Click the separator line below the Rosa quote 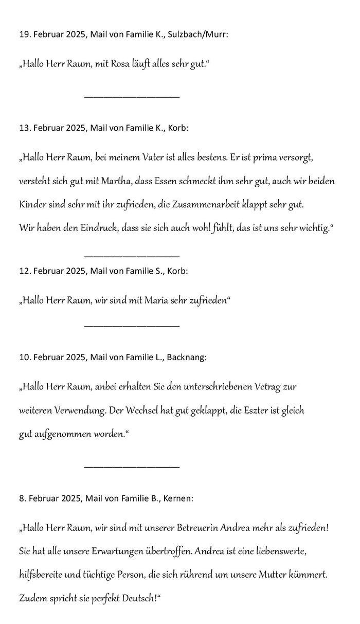pyautogui.click(x=132, y=97)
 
